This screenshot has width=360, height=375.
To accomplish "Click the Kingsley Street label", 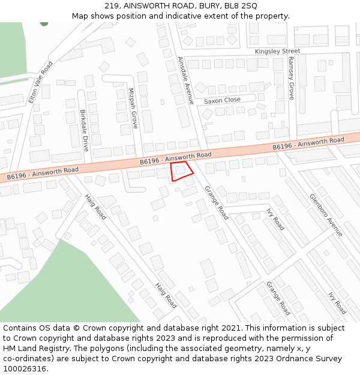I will point(277,52).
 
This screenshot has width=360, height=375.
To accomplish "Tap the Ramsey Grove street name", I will point(291,79).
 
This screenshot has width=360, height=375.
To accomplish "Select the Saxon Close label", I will point(222,100).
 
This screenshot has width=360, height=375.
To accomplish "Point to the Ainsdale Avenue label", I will point(186,81).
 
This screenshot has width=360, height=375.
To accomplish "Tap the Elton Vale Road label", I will point(40,82).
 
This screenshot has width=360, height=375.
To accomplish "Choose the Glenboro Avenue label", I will point(326,215).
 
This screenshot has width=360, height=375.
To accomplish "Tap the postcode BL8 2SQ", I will point(241,5).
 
